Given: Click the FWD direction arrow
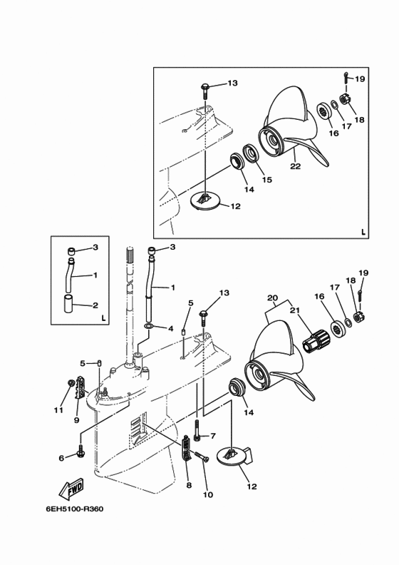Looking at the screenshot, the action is pos(71,489).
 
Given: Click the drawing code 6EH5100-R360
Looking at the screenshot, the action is pos(75,509).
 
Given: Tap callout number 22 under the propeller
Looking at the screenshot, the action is pos(296,166).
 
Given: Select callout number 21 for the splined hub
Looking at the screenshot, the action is pos(295,310).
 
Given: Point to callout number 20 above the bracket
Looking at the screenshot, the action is pos(273,298).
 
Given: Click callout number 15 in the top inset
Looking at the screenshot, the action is pos(267,180).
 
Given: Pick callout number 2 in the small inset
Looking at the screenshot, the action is pos(95,305).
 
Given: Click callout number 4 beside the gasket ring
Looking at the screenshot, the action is pos(170,329).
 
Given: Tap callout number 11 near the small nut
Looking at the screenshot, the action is pos(58,410).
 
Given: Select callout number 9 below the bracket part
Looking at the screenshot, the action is pos(77,420).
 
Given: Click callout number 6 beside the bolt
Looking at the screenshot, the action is pos(61,458).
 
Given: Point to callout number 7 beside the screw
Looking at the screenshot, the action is pos(212,437).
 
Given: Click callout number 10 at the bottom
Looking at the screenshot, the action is pos(208,495).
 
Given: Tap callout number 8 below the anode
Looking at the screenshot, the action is pos(189,485).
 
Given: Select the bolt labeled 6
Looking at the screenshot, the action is pos(80,449).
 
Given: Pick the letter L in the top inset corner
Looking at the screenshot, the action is pos(363,232).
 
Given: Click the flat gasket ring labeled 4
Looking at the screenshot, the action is pos(149,327).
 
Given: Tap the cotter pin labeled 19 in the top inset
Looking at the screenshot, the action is pos(346,78).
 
